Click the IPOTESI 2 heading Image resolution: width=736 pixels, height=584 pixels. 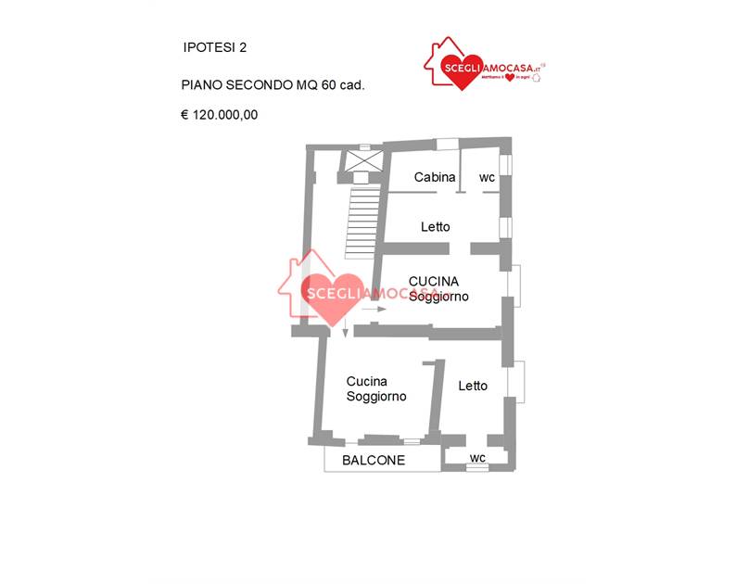pos(215,46)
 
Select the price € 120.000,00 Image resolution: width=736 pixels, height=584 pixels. pos(219,116)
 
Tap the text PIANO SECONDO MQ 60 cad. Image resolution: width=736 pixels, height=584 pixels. pos(273,84)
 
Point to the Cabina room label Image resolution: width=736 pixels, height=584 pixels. pos(435,177)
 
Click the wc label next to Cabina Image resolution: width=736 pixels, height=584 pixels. pos(487,177)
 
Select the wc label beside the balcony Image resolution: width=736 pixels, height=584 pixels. pos(477,458)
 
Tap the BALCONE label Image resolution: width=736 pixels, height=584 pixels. pos(374,460)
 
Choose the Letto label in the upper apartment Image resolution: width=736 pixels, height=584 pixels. pos(436,226)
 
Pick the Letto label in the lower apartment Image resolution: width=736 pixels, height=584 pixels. pos(473,386)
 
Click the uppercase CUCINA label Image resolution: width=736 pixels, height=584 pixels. pos(435,281)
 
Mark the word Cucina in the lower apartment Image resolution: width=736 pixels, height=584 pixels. pos(366,381)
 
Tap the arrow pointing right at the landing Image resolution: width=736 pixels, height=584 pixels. pos(375,309)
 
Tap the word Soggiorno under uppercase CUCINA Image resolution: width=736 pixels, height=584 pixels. pos(438,297)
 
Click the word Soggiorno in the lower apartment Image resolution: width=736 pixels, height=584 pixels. pos(376,397)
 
